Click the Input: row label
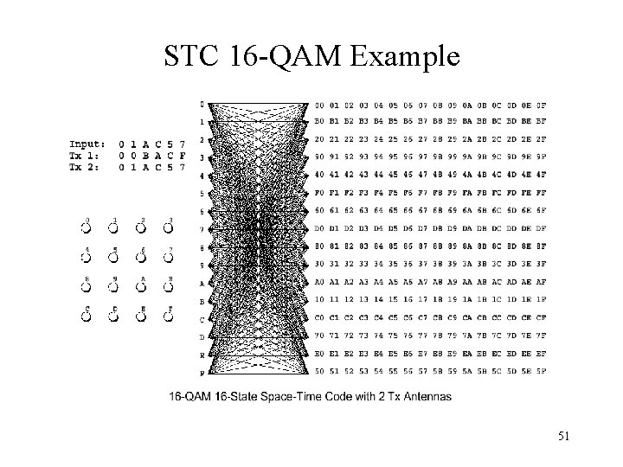[88, 144]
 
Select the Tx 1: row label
[86, 155]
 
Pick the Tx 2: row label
[86, 166]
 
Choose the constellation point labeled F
[170, 317]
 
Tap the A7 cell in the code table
[423, 282]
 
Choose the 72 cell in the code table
[350, 335]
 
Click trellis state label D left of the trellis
[202, 337]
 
